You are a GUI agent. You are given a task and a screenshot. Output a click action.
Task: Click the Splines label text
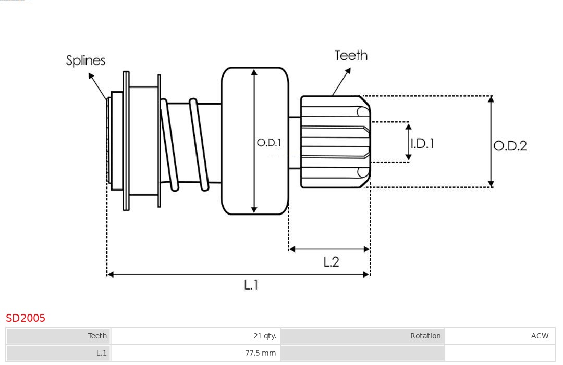[x=85, y=60]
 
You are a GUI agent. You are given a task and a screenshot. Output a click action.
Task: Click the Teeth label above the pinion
[x=351, y=55]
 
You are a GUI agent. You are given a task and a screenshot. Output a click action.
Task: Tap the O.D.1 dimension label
[x=269, y=142]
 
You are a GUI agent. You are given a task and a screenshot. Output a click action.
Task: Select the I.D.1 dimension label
[x=422, y=143]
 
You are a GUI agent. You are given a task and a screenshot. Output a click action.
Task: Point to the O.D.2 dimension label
[x=510, y=146]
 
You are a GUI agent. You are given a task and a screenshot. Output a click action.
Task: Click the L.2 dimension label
[x=331, y=262]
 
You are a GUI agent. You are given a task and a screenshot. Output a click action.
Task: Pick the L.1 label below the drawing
[x=251, y=285]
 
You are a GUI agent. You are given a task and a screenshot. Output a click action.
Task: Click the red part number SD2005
[x=26, y=318]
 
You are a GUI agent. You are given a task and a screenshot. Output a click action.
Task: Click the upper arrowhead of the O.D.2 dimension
[x=491, y=99]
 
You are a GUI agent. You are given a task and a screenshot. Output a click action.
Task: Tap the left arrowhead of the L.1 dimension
[x=110, y=274]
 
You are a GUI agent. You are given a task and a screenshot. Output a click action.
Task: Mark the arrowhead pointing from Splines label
[x=91, y=76]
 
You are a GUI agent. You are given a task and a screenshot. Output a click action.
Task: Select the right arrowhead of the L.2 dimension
[x=366, y=249]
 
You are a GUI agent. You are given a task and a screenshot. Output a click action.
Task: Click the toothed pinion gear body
[x=334, y=142]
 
